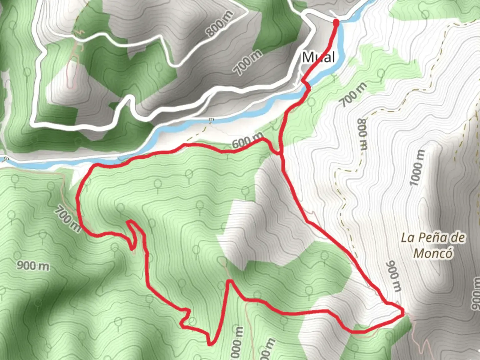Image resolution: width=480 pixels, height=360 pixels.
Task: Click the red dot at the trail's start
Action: pos(336,22)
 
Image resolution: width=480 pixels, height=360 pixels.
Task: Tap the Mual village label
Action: pos(318,57)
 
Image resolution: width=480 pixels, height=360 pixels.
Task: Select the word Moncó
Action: pos(433,253)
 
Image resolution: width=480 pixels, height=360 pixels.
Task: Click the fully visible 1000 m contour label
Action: pos(417,168)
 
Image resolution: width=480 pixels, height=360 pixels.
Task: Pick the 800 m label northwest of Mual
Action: pos(219,23)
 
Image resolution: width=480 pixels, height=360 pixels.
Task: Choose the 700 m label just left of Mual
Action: pos(247,62)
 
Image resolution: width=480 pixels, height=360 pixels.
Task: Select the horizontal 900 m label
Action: pos(33,266)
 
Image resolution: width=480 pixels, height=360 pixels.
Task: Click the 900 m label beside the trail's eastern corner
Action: pos(393,276)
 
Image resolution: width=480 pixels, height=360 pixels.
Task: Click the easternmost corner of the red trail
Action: pos(403,312)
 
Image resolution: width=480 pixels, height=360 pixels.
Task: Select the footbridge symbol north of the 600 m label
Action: pos(211,120)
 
